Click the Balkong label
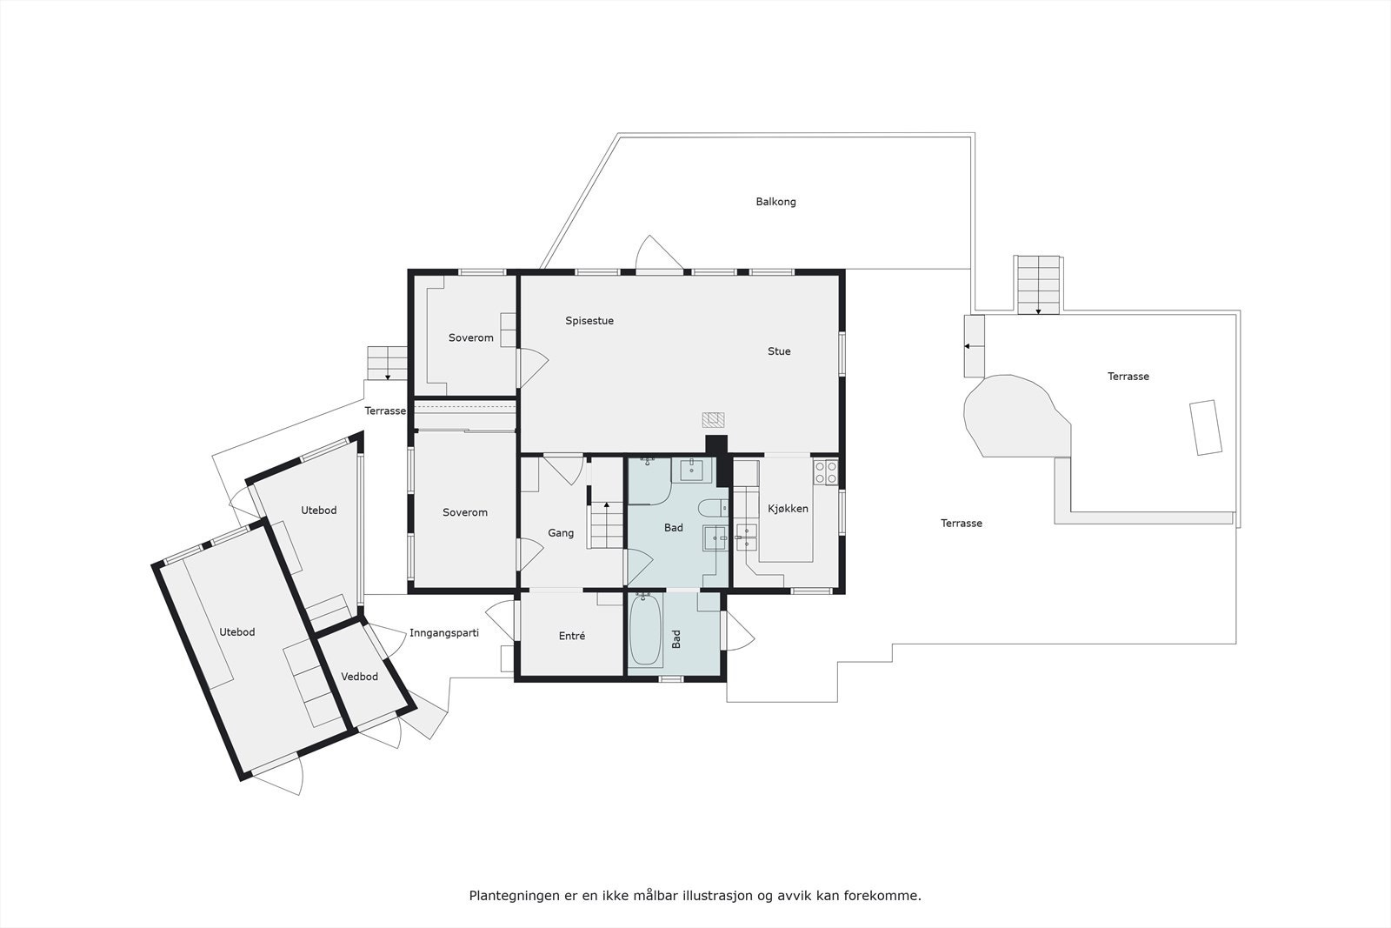tap(775, 202)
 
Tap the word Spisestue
tap(589, 321)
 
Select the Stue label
tap(779, 351)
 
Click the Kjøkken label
tap(788, 509)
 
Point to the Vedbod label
tap(359, 677)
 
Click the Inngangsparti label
tap(444, 633)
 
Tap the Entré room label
tap(571, 637)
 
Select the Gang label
tap(561, 533)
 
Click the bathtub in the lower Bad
tap(645, 630)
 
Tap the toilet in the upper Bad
tap(712, 509)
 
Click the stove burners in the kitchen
tap(825, 472)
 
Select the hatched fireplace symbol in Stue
tap(713, 420)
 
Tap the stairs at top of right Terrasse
tap(1038, 284)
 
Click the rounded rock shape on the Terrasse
tap(1015, 416)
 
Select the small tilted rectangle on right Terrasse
tap(1206, 427)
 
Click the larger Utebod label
tap(236, 632)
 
